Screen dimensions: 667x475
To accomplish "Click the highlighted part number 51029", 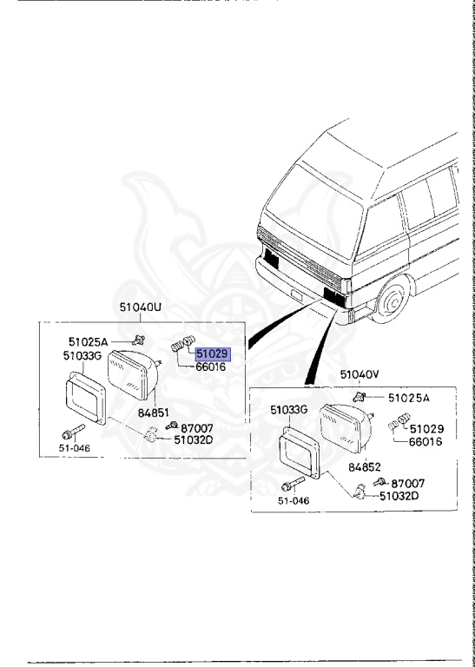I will click(x=211, y=354).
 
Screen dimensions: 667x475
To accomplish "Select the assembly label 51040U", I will click(x=141, y=307).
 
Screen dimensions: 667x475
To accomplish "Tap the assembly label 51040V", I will click(x=360, y=374).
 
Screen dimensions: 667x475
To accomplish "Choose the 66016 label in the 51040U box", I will click(x=209, y=367).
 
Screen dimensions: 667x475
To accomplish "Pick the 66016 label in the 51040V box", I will click(x=426, y=441).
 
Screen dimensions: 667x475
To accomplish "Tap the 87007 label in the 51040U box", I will click(x=196, y=428).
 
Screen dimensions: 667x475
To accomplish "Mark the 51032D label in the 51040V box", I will click(x=399, y=496).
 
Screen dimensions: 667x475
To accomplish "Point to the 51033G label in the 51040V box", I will click(x=289, y=409).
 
